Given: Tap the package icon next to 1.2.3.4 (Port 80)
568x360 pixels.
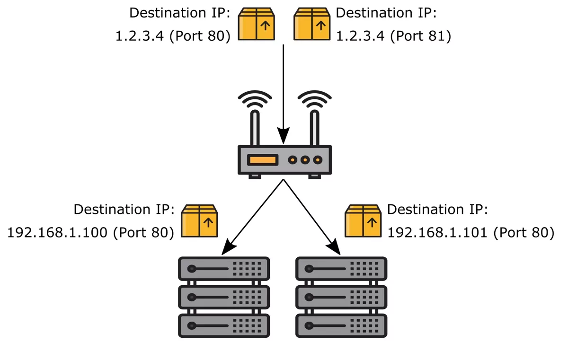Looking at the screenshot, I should point(257,24).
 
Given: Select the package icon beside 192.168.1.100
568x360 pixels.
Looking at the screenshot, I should point(199,220).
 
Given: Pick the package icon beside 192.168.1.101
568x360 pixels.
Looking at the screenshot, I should point(363,220).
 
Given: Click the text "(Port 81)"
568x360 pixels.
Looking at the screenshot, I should point(420,36).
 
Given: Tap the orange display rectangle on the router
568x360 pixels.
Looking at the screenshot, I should point(263,160).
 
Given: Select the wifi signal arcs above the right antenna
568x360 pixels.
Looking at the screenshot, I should point(314,98).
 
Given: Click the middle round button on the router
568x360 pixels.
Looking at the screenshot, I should point(305,160).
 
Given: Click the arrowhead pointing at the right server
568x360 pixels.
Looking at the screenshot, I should point(335,247).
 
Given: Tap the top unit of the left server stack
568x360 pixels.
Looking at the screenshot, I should point(224,269).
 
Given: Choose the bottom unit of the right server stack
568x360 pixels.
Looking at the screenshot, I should point(341,325).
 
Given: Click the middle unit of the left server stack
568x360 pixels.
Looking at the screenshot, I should point(224,297).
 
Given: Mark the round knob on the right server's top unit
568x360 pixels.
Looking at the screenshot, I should point(309,269).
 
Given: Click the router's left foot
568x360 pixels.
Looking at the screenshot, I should point(255,177).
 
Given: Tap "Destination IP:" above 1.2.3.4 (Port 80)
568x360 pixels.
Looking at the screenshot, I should point(180,13).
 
